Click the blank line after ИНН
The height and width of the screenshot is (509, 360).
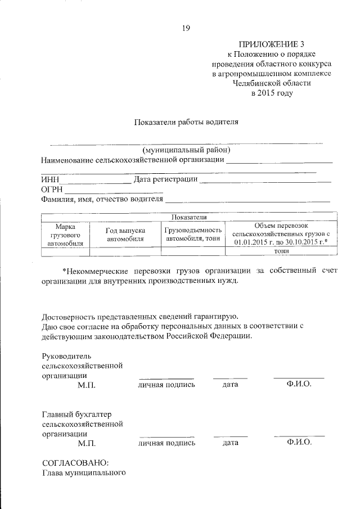(95, 182)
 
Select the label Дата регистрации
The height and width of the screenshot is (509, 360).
(166, 179)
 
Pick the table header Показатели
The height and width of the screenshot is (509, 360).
(187, 217)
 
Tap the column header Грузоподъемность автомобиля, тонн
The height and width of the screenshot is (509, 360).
(193, 235)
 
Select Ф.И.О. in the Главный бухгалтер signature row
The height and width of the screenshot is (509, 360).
(299, 443)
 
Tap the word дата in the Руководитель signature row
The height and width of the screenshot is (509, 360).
(231, 385)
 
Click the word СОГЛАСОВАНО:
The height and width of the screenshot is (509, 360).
(75, 463)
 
